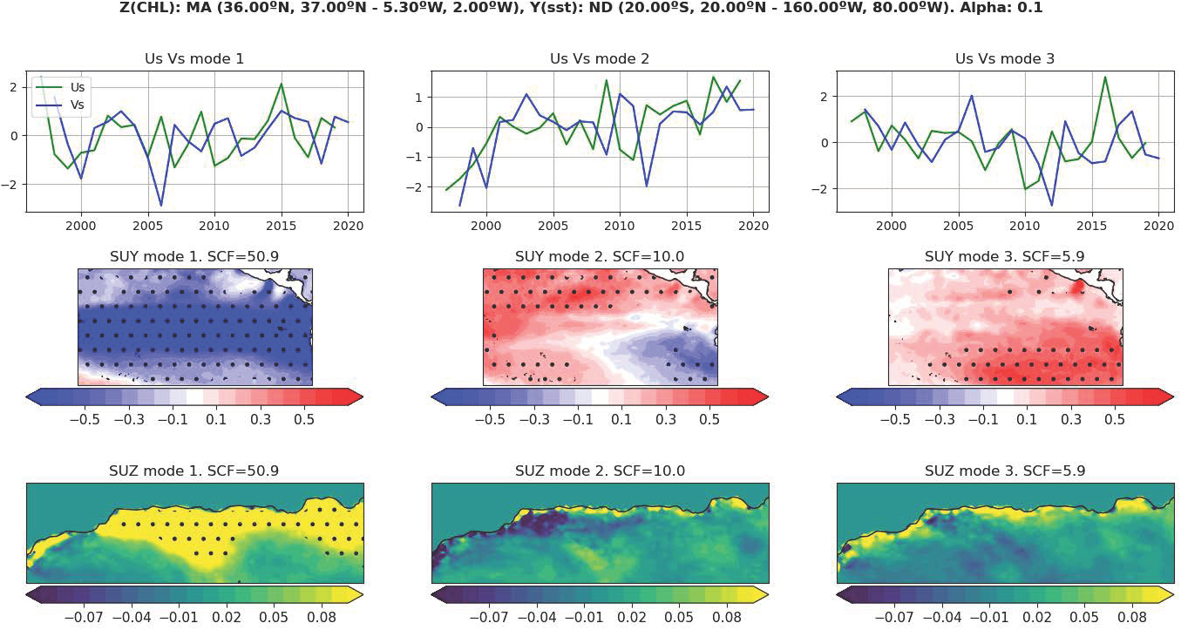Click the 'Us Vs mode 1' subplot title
[x=194, y=59]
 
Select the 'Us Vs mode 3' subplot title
[x=1004, y=59]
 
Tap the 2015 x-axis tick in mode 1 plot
[x=282, y=223]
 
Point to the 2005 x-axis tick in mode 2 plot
[x=553, y=223]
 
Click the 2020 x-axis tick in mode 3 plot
[x=1158, y=223]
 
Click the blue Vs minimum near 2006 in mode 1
[x=161, y=206]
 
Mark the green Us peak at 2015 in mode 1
[x=282, y=84]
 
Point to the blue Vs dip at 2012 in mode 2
[x=646, y=186]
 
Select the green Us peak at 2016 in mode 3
[x=1105, y=77]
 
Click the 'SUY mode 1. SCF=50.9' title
[x=194, y=258]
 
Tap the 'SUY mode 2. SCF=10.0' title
[x=600, y=258]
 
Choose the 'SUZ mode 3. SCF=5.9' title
[x=1004, y=471]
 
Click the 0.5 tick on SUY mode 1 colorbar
[x=304, y=419]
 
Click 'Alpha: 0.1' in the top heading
[x=1001, y=8]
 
